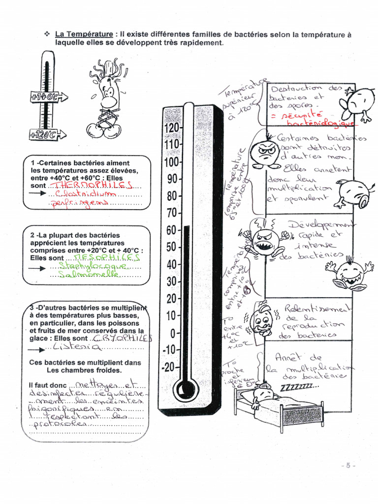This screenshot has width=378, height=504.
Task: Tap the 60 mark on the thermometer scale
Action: click(x=171, y=230)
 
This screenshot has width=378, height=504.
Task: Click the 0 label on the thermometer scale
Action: click(x=173, y=334)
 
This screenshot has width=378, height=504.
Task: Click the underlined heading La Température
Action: click(x=84, y=34)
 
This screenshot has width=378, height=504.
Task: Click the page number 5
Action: click(x=347, y=465)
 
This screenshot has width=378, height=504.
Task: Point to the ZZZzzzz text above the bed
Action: click(x=299, y=388)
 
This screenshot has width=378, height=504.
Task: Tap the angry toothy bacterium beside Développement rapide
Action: click(x=264, y=241)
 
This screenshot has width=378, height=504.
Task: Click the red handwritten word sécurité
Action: click(x=301, y=115)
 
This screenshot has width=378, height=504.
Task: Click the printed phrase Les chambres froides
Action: click(x=84, y=370)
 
